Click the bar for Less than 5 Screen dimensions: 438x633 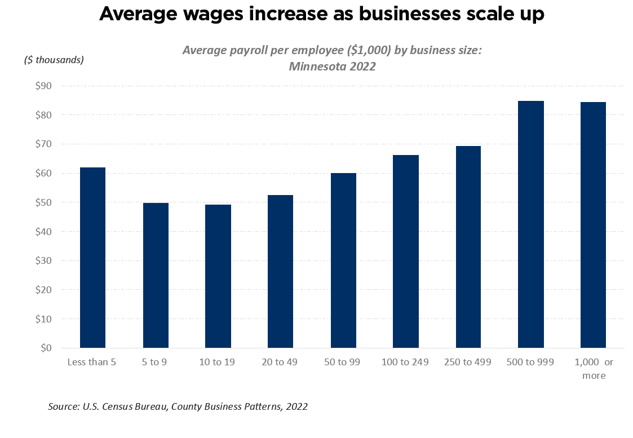pos(92,258)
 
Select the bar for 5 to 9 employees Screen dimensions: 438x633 pos(156,275)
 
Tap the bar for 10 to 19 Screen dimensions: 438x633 pos(218,276)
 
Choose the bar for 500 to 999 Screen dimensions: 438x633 pos(531,224)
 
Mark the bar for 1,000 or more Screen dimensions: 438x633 pos(593,225)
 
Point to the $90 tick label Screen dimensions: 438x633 pos(43,86)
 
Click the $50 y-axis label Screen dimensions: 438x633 pos(43,202)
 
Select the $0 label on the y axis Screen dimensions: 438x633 pos(45,348)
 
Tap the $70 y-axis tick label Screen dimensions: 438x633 pos(43,144)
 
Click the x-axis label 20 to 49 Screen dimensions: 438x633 pos(280,362)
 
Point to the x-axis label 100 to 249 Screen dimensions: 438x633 pos(405,362)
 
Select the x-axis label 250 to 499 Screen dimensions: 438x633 pos(468,362)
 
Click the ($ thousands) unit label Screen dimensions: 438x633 pos(54,60)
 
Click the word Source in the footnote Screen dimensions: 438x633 pos(62,406)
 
